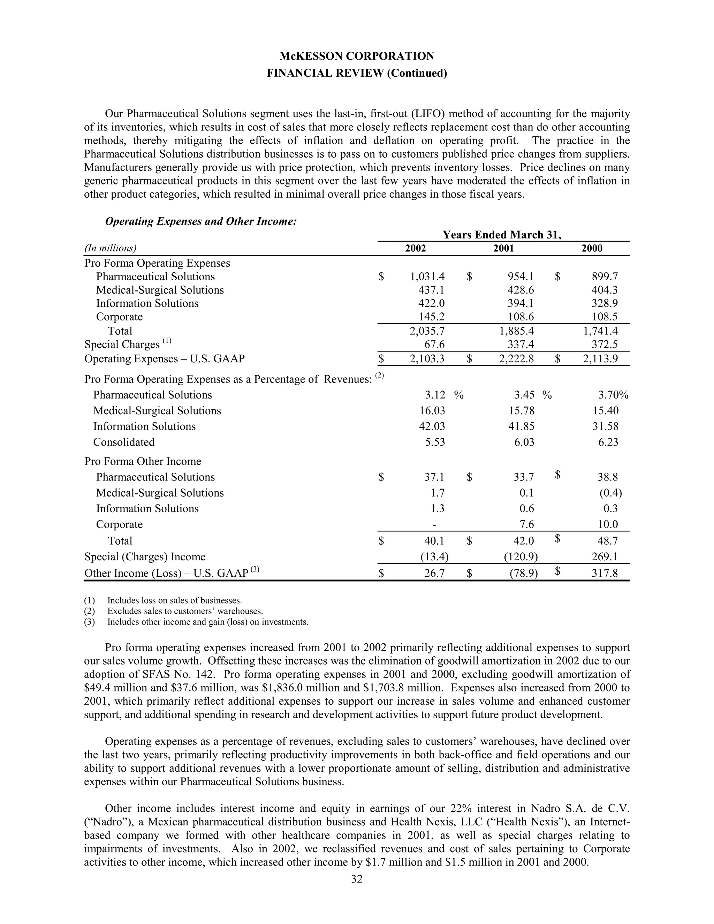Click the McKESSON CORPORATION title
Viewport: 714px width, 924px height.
357,56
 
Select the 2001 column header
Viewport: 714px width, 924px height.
503,248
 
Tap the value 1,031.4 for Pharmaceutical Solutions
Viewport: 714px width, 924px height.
427,277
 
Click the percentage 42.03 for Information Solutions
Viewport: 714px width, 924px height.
432,426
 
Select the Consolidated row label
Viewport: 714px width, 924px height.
124,442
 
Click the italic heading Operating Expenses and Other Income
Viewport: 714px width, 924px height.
201,221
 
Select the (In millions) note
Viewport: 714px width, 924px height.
111,248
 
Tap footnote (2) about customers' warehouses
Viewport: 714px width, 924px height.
185,611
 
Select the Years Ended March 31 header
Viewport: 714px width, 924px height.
502,235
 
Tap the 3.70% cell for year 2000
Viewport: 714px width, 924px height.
613,395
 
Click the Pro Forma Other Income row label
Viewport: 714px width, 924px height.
143,461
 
